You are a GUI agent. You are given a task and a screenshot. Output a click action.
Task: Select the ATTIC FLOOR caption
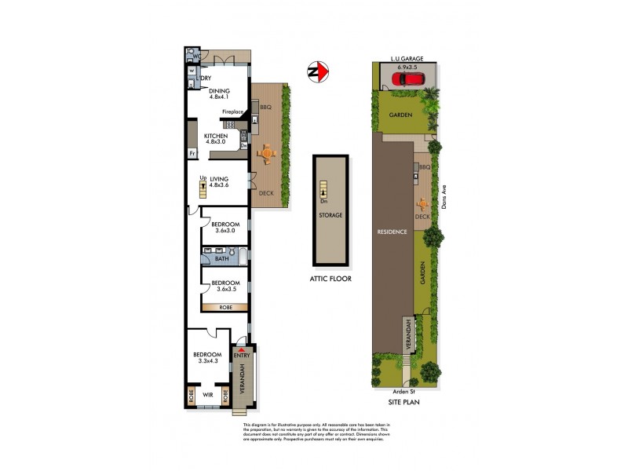[330, 279]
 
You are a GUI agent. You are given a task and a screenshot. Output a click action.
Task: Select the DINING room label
[219, 91]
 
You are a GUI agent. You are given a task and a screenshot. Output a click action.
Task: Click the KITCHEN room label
[216, 135]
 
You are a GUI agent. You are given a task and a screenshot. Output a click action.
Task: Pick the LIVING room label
[218, 180]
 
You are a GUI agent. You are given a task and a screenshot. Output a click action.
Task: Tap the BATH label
[222, 258]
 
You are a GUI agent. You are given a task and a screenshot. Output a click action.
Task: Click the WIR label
[208, 395]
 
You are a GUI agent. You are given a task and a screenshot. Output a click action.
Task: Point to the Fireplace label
[234, 112]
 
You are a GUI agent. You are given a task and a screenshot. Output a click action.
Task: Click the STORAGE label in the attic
[330, 214]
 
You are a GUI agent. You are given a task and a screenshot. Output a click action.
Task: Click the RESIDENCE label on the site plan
[392, 232]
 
